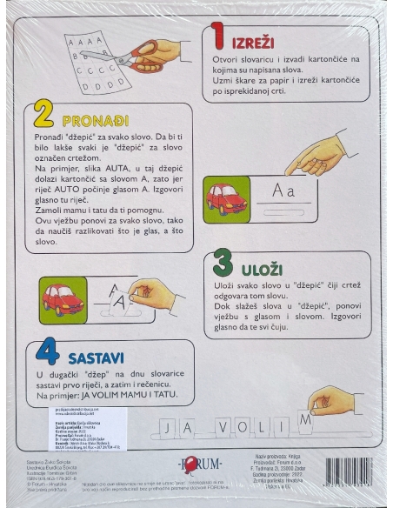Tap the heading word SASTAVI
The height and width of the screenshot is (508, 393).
(90, 357)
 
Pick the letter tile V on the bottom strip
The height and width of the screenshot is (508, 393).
(223, 428)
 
